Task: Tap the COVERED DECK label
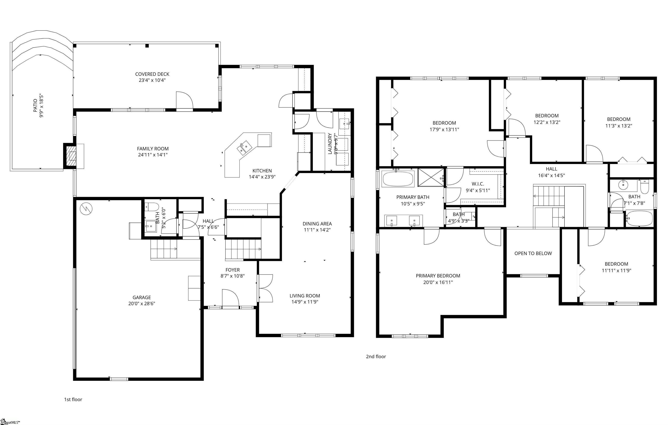pos(152,74)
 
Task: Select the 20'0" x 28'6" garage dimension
pos(142,303)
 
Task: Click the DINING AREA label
pos(317,224)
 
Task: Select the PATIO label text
pos(35,105)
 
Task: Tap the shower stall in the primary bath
pos(431,178)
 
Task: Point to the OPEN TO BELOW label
pos(533,253)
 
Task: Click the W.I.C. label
pos(478,184)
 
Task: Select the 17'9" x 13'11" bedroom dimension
pos(444,129)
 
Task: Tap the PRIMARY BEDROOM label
pos(438,276)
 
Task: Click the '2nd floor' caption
pos(376,357)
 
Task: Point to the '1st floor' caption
pos(73,400)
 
